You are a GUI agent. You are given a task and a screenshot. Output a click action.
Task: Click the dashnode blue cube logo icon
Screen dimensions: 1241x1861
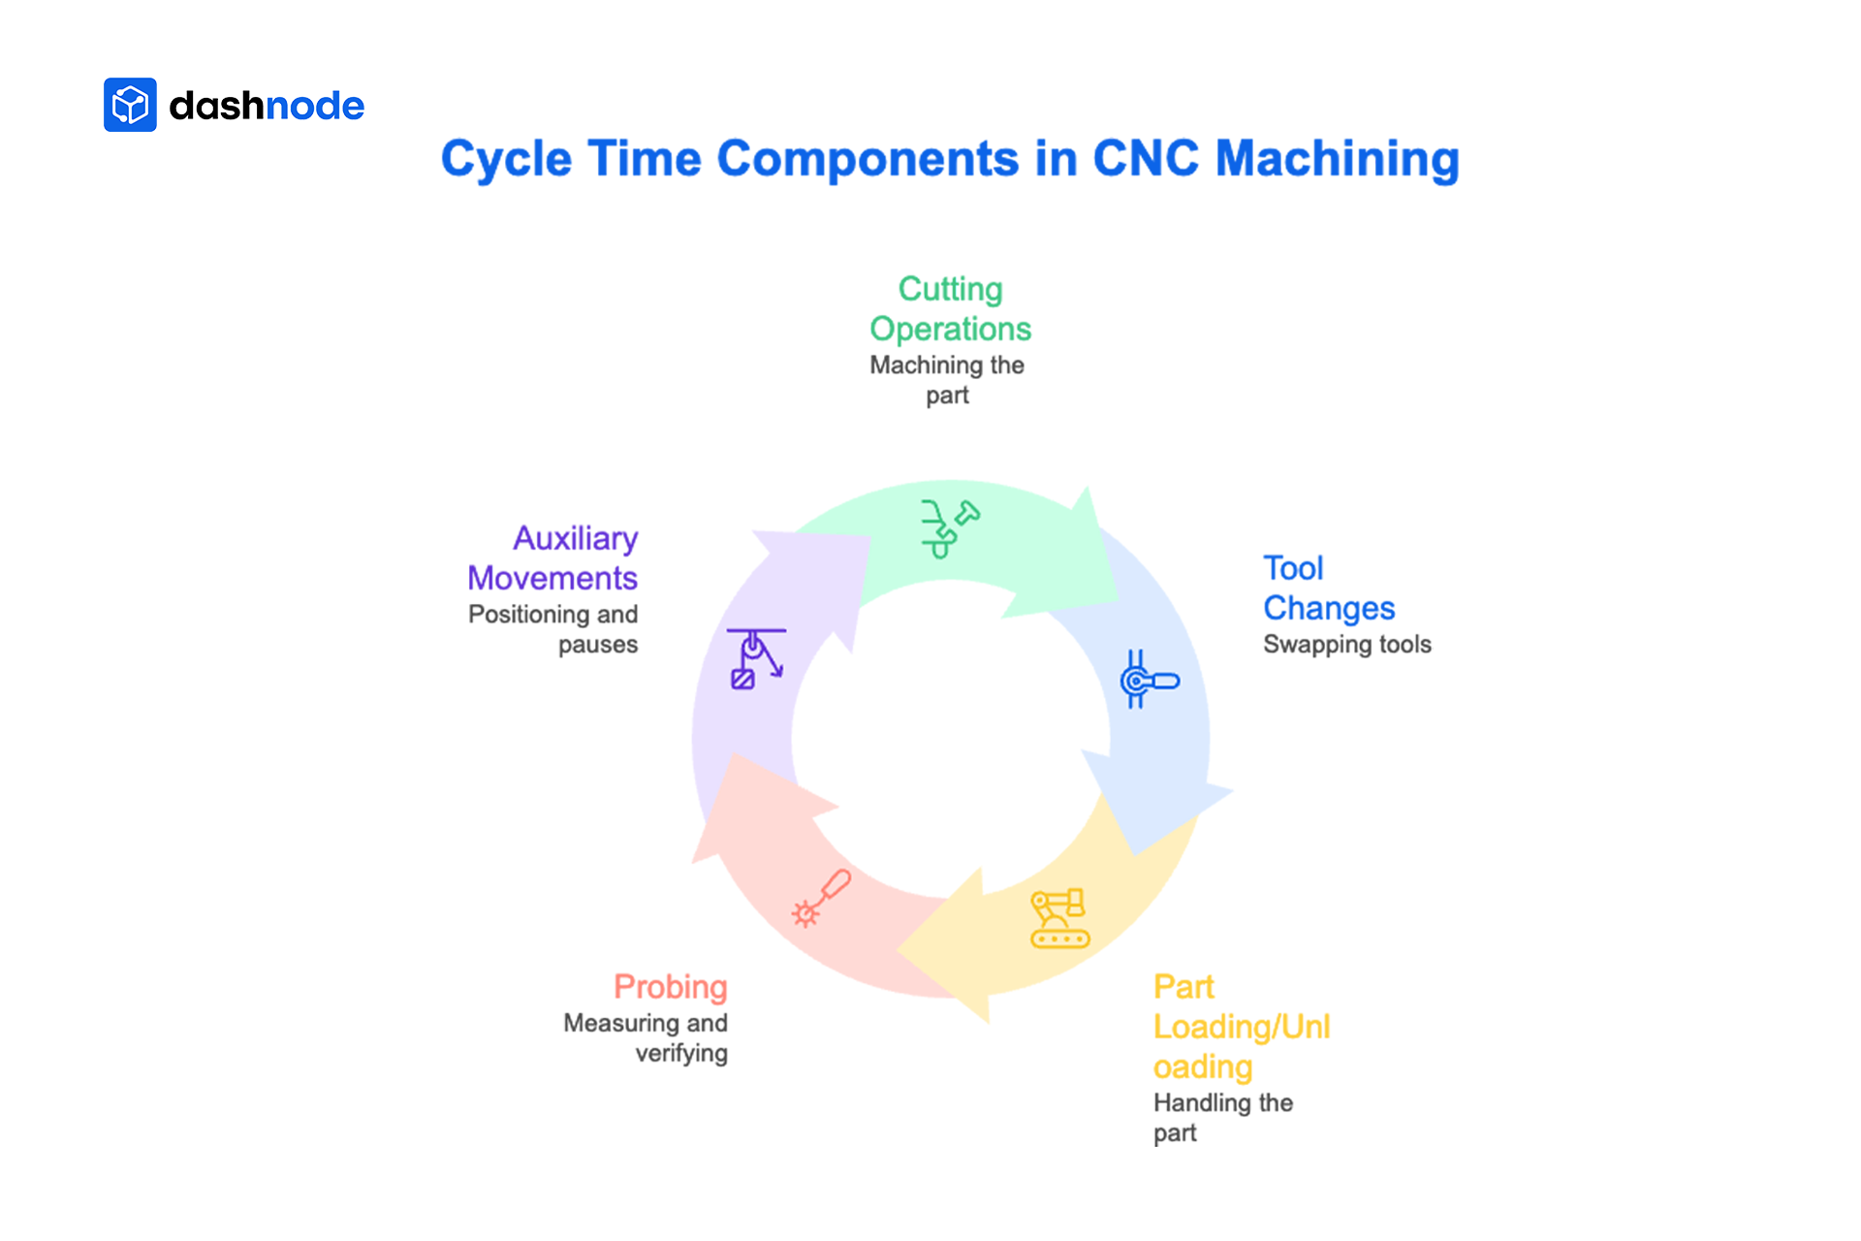[130, 105]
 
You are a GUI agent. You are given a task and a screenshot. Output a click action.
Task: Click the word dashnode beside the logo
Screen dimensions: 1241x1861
[267, 106]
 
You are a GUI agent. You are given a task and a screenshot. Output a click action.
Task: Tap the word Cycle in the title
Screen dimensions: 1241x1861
[506, 160]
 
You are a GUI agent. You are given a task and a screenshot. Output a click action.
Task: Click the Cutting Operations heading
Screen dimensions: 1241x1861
[950, 309]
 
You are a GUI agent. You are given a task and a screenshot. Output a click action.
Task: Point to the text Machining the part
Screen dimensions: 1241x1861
[947, 380]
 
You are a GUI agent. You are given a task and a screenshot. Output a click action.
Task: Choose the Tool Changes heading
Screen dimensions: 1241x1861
[1328, 588]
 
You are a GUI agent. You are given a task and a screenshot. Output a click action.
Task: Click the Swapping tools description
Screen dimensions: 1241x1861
[1346, 645]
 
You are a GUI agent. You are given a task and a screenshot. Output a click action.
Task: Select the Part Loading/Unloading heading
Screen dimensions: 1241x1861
[1241, 1027]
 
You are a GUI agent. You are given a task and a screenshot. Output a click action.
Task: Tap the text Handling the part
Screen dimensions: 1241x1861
[1222, 1118]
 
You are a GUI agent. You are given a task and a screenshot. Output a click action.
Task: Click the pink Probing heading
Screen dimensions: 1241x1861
[671, 987]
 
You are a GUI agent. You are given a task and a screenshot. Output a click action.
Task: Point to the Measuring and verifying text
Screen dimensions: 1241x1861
[647, 1037]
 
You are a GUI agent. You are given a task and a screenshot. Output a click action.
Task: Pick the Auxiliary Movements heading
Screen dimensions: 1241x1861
[553, 558]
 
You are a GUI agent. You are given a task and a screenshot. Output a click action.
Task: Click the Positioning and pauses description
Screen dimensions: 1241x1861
[553, 629]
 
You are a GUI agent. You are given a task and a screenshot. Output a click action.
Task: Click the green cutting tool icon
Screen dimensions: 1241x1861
[949, 528]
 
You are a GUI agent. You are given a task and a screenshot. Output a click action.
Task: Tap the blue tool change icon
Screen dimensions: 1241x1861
[1148, 680]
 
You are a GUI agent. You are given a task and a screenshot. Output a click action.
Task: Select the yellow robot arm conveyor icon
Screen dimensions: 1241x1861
[1059, 918]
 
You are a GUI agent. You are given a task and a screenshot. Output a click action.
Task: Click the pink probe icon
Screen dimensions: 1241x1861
[821, 898]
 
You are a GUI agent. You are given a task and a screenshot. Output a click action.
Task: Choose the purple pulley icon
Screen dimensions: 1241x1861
[756, 658]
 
